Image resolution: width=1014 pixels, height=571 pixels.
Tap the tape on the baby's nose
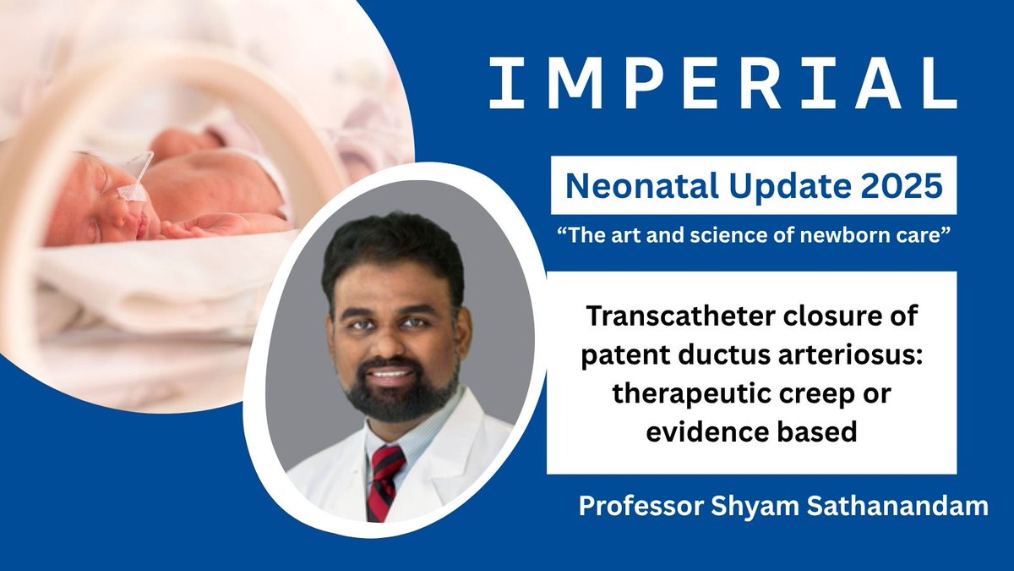pos(131,192)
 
